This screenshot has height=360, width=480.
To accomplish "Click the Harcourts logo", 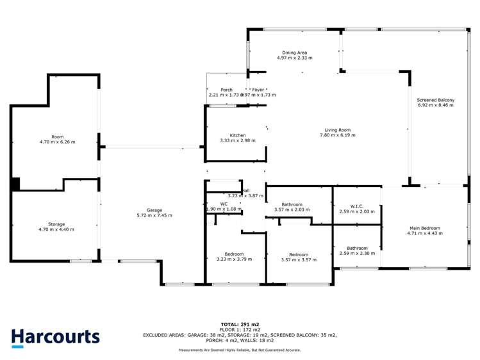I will click(55, 338).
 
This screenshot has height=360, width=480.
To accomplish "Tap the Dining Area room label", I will click(295, 53).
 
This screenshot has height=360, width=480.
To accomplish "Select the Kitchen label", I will click(238, 135).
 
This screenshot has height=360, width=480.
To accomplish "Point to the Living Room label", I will click(338, 130).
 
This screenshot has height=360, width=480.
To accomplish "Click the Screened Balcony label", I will click(435, 100).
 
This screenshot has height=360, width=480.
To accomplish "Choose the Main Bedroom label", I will click(424, 228).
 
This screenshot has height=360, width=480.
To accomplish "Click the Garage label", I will click(154, 210).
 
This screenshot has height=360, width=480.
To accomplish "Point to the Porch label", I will click(226, 90).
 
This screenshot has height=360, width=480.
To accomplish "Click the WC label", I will click(224, 204).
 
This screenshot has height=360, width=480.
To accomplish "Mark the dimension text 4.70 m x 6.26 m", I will click(57, 142).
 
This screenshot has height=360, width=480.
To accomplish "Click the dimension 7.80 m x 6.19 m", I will click(338, 136).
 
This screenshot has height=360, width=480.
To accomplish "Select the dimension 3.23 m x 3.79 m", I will click(234, 259).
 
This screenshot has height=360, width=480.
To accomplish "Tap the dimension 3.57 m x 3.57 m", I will click(299, 259).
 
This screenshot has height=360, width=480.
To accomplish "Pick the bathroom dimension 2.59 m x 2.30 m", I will click(357, 254).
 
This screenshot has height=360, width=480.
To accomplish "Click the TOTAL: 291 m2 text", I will click(240, 324).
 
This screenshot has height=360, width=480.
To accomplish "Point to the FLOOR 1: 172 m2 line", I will click(240, 329).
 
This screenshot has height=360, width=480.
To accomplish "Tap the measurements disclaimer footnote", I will click(240, 350).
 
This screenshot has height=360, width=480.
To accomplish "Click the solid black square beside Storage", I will click(15, 184).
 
